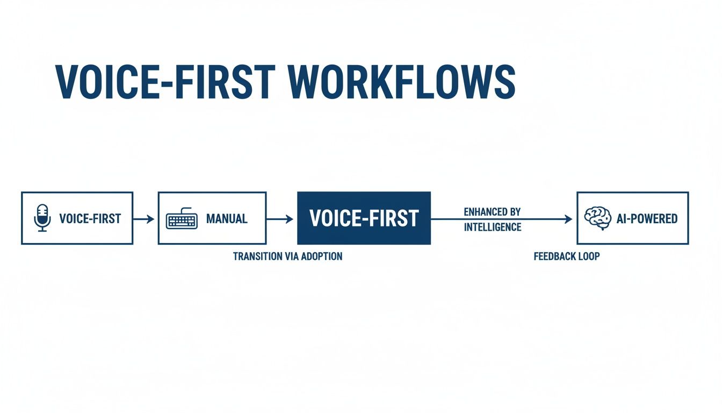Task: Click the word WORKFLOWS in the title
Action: tap(401, 82)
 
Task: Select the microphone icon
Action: tap(42, 218)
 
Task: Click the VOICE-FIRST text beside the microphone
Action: tap(90, 219)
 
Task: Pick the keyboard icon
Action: tap(182, 219)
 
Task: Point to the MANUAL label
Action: tap(227, 219)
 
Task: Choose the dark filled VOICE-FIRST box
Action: tap(364, 218)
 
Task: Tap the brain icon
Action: tap(597, 218)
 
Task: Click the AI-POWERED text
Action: tap(646, 219)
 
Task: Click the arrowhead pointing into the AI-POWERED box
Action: tap(568, 219)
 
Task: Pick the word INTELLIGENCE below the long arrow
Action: tap(493, 227)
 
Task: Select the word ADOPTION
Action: tap(321, 257)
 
